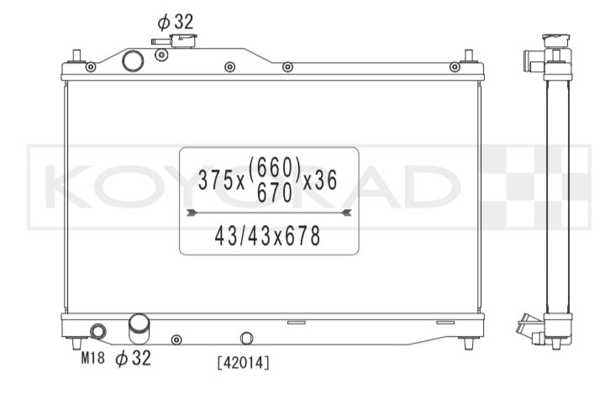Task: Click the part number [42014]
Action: (243, 363)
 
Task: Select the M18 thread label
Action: (93, 358)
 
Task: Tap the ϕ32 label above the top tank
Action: (176, 22)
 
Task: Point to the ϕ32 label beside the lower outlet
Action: (133, 358)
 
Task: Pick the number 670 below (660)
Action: (275, 193)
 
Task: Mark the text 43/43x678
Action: (267, 237)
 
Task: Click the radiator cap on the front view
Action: (183, 41)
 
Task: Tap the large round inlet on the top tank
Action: (133, 60)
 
